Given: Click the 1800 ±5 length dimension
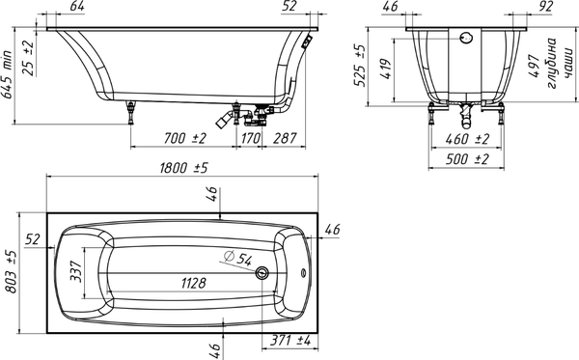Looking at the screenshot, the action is (x=183, y=168).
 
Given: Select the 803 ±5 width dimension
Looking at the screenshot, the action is (x=12, y=271).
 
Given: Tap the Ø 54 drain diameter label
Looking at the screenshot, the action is (x=238, y=258).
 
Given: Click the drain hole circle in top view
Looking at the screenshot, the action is (x=262, y=273).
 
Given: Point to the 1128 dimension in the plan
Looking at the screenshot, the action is (x=194, y=283).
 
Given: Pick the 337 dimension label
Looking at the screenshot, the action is (x=76, y=271).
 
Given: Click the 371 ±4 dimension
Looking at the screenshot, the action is (x=289, y=340).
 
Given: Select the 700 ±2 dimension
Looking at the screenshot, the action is (x=184, y=138).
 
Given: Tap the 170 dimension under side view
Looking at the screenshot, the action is (x=251, y=138).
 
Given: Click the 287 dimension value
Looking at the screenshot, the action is (x=285, y=138).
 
